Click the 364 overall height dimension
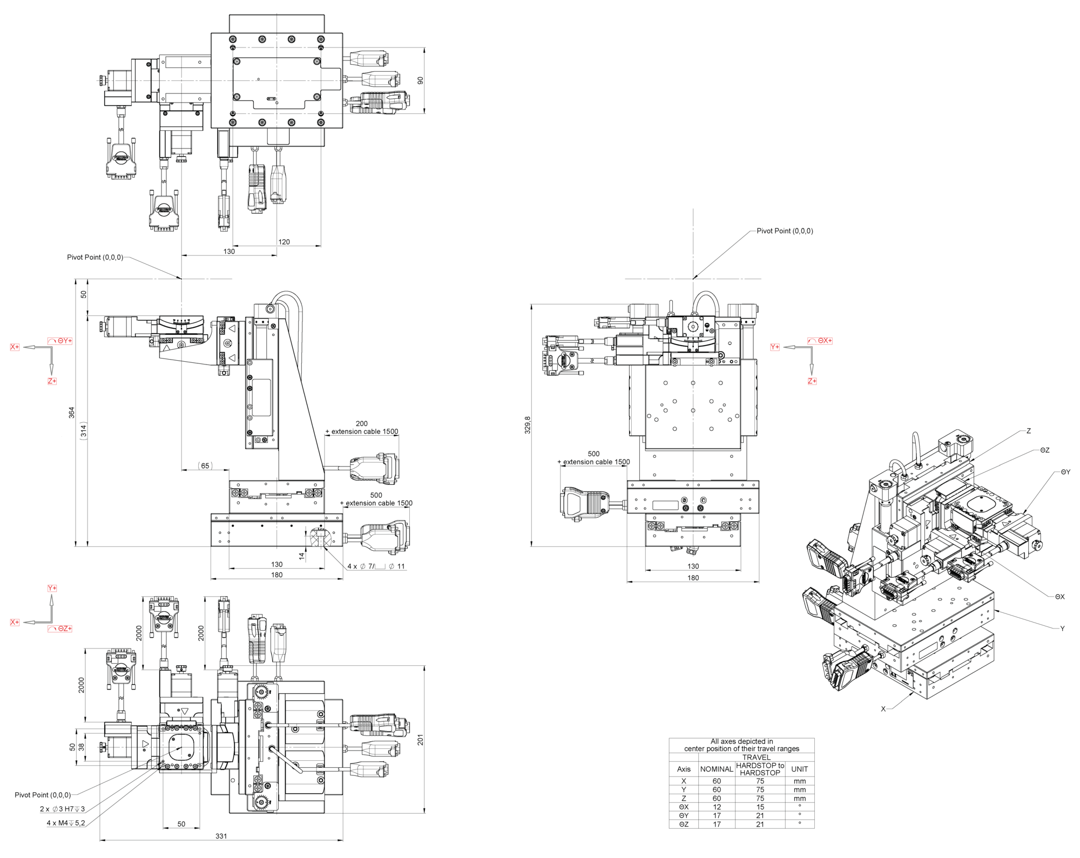tap(71, 413)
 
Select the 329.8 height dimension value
tap(528, 425)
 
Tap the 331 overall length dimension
tap(221, 836)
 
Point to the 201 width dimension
tap(420, 740)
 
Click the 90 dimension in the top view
tap(420, 80)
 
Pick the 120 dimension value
tap(284, 242)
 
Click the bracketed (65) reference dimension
tap(205, 465)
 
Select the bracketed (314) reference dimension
tap(83, 430)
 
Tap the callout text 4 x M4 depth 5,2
tap(66, 823)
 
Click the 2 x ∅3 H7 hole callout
tap(62, 809)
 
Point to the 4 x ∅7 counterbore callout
tap(376, 566)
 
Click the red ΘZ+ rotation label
tap(60, 629)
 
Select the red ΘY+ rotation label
tap(60, 341)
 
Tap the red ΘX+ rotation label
tap(820, 341)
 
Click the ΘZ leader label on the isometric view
tap(1045, 450)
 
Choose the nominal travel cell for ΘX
tap(717, 807)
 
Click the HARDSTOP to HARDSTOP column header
tap(760, 769)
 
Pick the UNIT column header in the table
tap(799, 769)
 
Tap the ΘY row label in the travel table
tap(684, 815)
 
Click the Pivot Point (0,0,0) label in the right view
tap(785, 231)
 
